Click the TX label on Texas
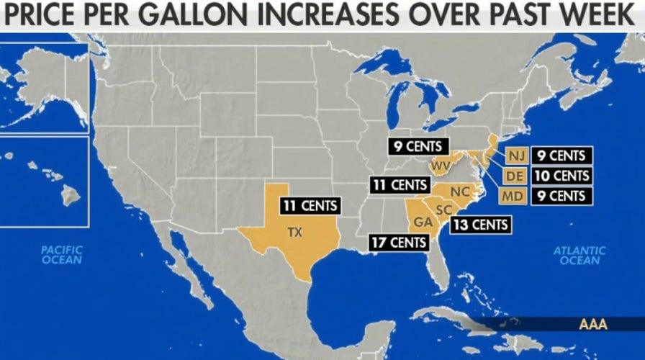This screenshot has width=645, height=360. (x=295, y=233)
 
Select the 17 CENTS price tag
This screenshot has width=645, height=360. (x=398, y=243)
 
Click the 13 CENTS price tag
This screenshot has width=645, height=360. (x=481, y=225)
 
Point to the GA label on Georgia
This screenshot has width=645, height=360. (x=423, y=222)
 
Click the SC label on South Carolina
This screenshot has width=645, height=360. (x=443, y=209)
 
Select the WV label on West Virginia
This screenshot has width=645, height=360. (x=441, y=167)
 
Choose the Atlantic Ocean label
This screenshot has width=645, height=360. (x=579, y=256)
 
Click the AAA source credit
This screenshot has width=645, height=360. (x=593, y=325)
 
